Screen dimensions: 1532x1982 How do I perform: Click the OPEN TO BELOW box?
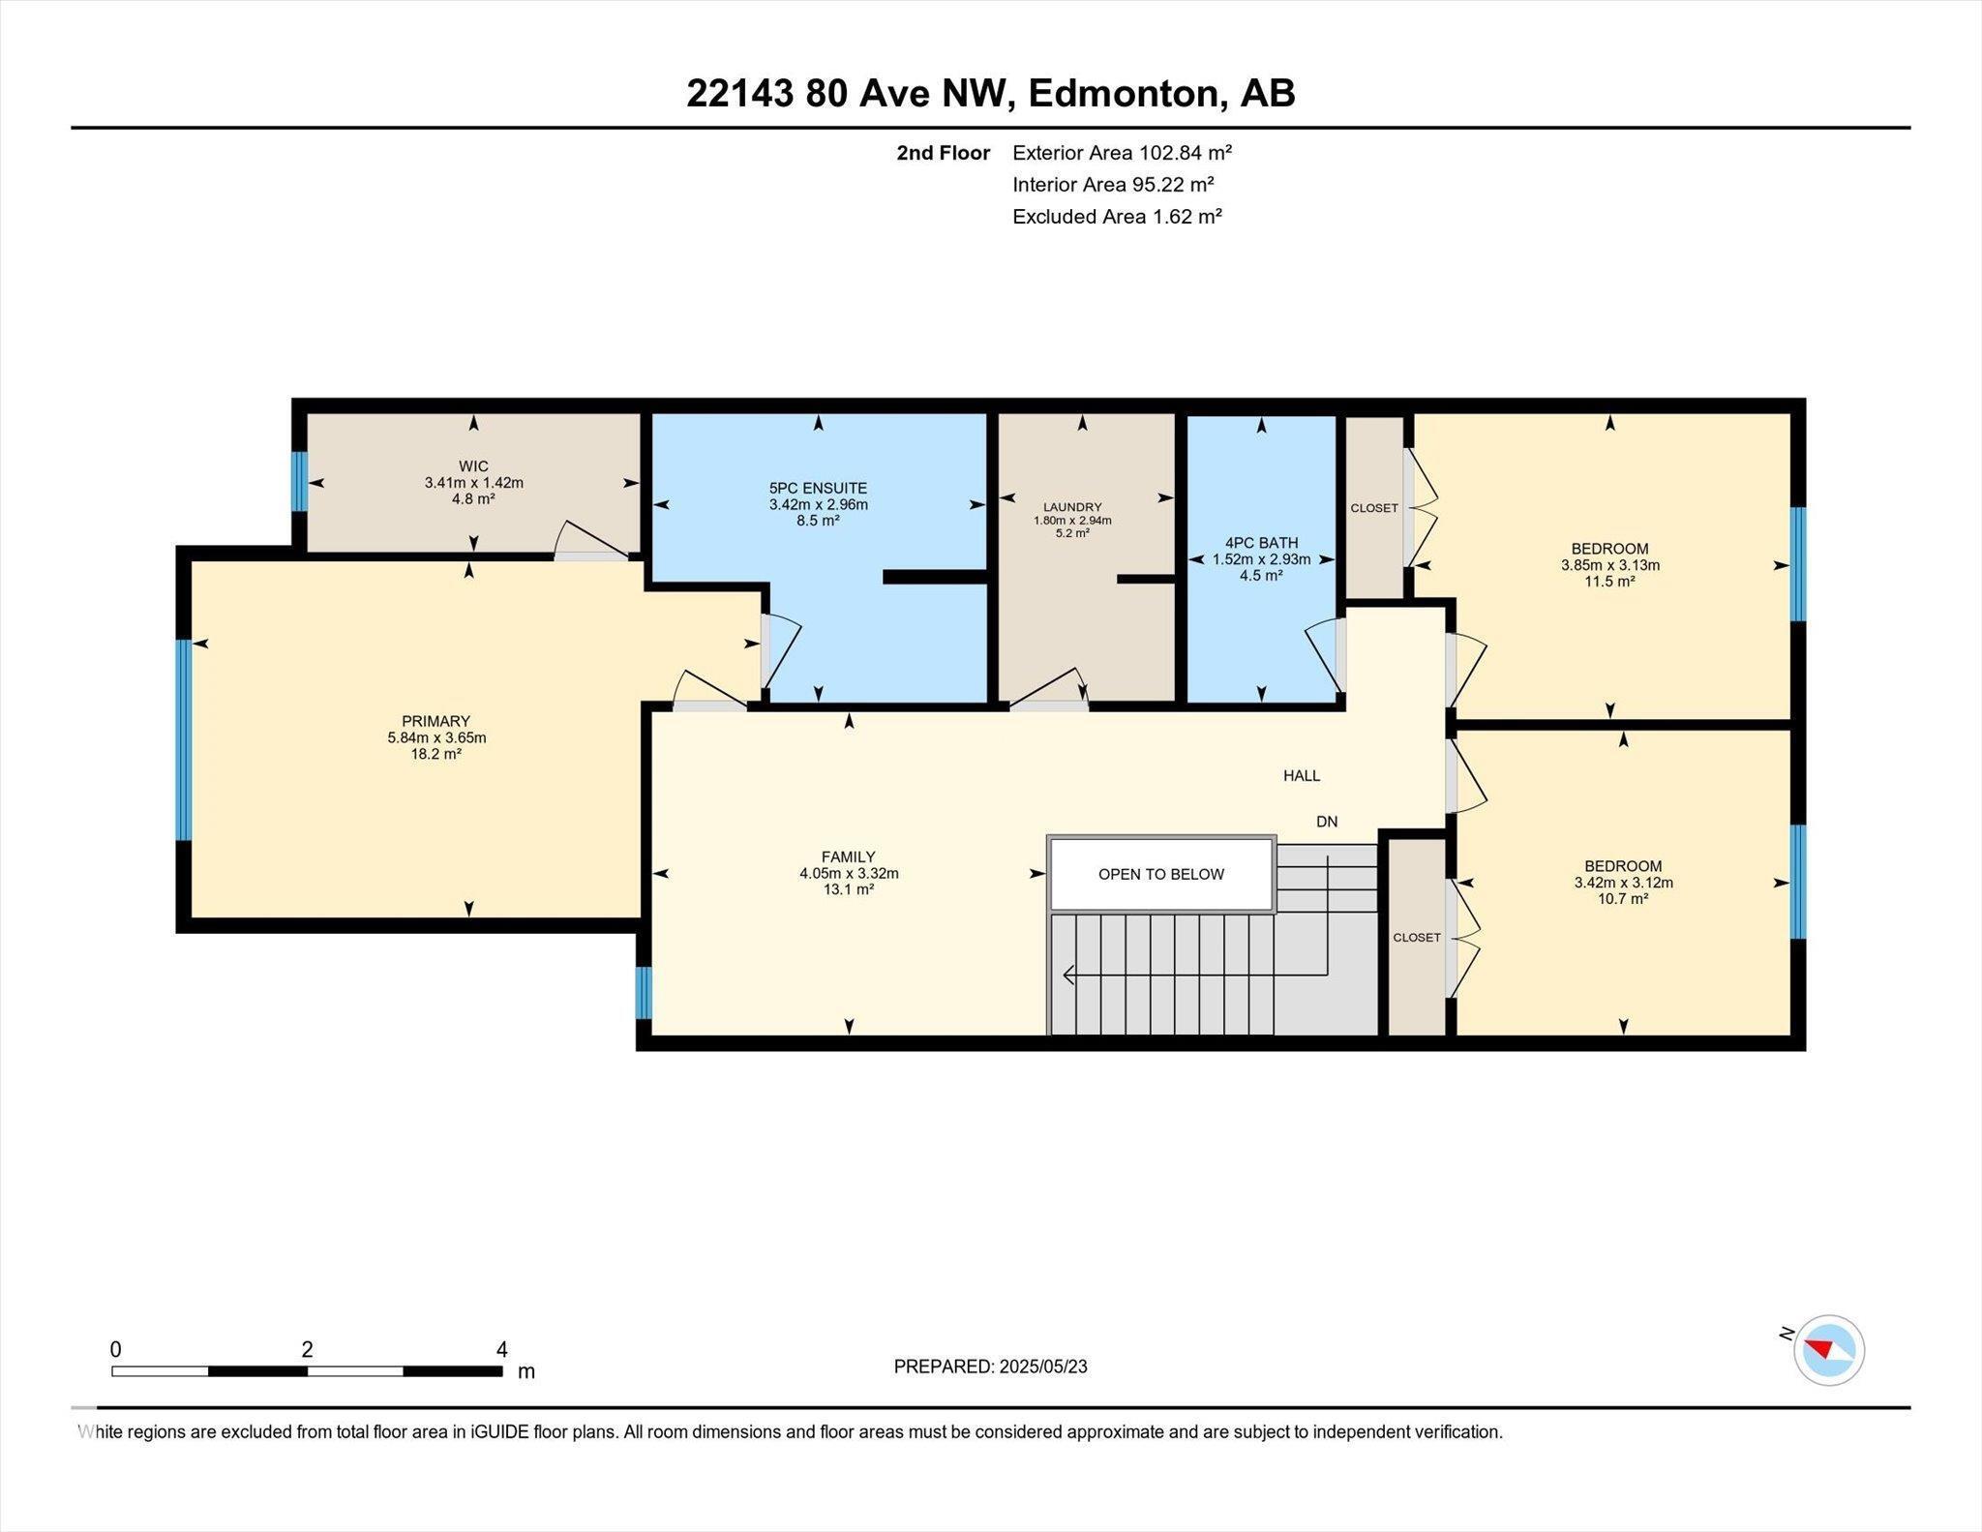pyautogui.click(x=1160, y=874)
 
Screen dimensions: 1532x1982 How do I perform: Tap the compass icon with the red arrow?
pyautogui.click(x=1828, y=1349)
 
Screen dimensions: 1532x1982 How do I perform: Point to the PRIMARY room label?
pyautogui.click(x=435, y=721)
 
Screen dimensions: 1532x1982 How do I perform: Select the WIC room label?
pyautogui.click(x=473, y=466)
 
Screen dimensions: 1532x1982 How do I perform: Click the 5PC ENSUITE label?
pyautogui.click(x=818, y=488)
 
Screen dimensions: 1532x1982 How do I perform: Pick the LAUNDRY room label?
pyautogui.click(x=1072, y=507)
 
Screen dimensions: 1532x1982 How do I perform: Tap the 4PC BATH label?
pyautogui.click(x=1261, y=543)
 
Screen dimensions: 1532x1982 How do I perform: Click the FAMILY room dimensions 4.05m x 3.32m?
pyautogui.click(x=849, y=873)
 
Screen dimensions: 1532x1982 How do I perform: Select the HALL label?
pyautogui.click(x=1302, y=775)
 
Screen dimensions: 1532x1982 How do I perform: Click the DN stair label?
pyautogui.click(x=1327, y=822)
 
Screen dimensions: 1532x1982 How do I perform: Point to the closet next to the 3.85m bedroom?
pyautogui.click(x=1374, y=508)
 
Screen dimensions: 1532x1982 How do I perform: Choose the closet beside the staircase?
pyautogui.click(x=1417, y=938)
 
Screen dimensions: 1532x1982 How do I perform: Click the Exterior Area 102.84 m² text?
pyautogui.click(x=1122, y=152)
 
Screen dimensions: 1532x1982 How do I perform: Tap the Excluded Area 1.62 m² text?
pyautogui.click(x=1117, y=217)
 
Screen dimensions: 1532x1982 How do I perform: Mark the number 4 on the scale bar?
pyautogui.click(x=501, y=1349)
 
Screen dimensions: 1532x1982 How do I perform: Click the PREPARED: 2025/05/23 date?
pyautogui.click(x=990, y=1367)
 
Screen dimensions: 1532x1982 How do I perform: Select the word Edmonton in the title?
pyautogui.click(x=1122, y=94)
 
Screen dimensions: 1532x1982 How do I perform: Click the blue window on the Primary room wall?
pyautogui.click(x=183, y=739)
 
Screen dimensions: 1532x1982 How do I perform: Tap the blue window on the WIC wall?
pyautogui.click(x=300, y=481)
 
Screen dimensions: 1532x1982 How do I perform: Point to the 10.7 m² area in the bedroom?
pyautogui.click(x=1623, y=899)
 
